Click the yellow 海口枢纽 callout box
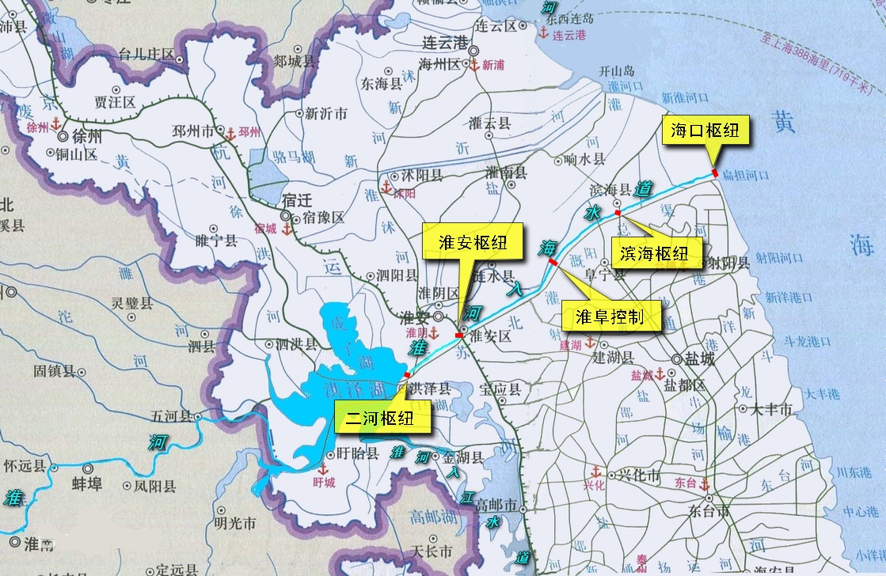point(705,131)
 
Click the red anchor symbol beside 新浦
point(474,65)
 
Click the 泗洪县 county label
point(298,344)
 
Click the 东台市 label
point(709,510)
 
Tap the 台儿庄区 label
point(146,54)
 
